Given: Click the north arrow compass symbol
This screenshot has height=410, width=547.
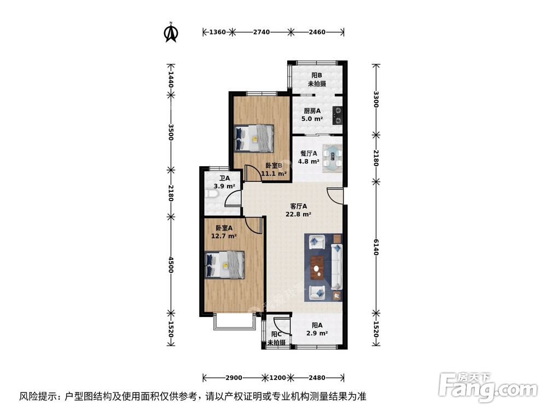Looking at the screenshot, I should [x=171, y=32].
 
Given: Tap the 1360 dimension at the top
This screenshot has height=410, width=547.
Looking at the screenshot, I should [x=217, y=32].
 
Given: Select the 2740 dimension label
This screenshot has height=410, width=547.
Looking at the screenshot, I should [x=261, y=32].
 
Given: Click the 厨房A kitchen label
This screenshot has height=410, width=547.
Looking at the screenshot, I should [x=312, y=110].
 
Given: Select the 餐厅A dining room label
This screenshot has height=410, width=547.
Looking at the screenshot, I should [x=309, y=154].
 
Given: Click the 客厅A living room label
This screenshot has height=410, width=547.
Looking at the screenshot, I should [x=298, y=207].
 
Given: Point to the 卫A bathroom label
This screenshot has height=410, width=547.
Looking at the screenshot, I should [x=224, y=178].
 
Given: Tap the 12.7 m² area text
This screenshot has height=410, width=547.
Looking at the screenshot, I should [x=224, y=236].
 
